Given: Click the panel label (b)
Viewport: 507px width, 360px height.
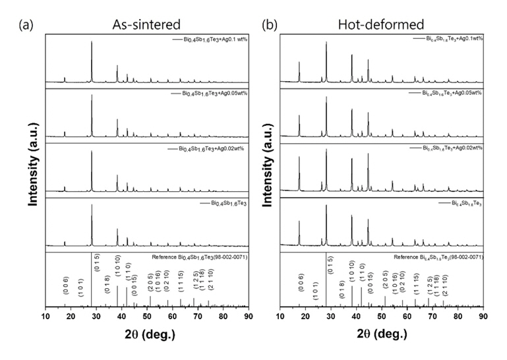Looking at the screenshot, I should click(x=269, y=26).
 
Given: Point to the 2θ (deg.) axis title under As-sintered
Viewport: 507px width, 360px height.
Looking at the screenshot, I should click(x=146, y=334).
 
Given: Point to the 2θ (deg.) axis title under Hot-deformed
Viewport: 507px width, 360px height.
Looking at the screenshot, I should click(x=381, y=334).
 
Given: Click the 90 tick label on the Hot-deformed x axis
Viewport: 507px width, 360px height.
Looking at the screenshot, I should click(x=483, y=316).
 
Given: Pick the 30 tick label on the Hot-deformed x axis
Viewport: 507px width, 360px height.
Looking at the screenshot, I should click(x=331, y=316).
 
